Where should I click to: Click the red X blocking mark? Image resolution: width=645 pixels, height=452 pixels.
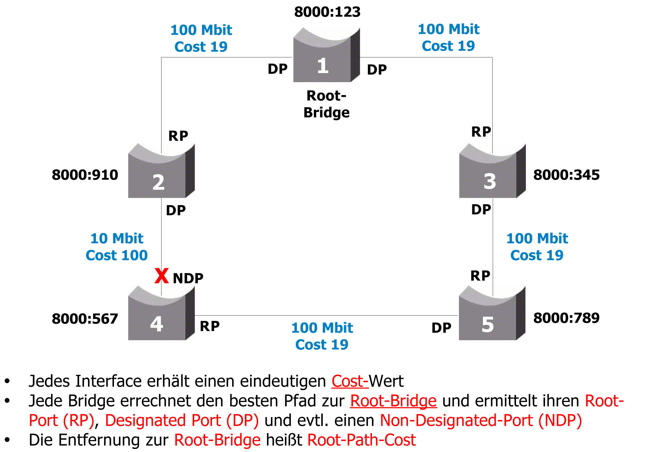162,276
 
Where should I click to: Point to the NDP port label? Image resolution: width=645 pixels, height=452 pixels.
188,278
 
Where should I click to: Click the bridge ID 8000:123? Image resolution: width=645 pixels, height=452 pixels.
327,12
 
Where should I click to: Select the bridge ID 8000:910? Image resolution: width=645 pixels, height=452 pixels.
85,175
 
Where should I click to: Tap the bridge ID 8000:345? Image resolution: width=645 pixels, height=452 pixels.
566,175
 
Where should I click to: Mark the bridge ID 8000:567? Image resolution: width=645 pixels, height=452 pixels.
85,319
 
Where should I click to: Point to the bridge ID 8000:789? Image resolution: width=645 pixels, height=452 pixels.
566,318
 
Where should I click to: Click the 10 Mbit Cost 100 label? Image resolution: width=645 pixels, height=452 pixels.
117,247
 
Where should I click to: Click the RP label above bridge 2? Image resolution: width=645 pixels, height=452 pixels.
178,136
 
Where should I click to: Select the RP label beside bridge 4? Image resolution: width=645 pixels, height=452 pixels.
210,326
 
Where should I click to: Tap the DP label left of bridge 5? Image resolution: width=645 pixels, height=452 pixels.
442,328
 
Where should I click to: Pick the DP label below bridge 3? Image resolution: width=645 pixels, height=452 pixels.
481,210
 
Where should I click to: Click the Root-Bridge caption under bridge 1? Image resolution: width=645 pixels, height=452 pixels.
327,104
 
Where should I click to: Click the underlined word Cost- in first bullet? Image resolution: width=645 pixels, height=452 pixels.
350,381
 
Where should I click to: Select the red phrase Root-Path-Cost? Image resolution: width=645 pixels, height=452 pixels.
361,440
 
